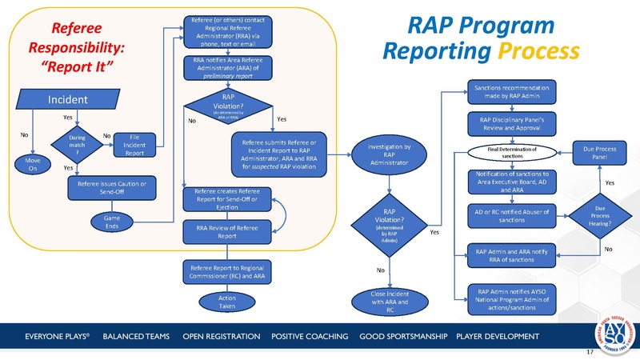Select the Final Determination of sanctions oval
[512, 152]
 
